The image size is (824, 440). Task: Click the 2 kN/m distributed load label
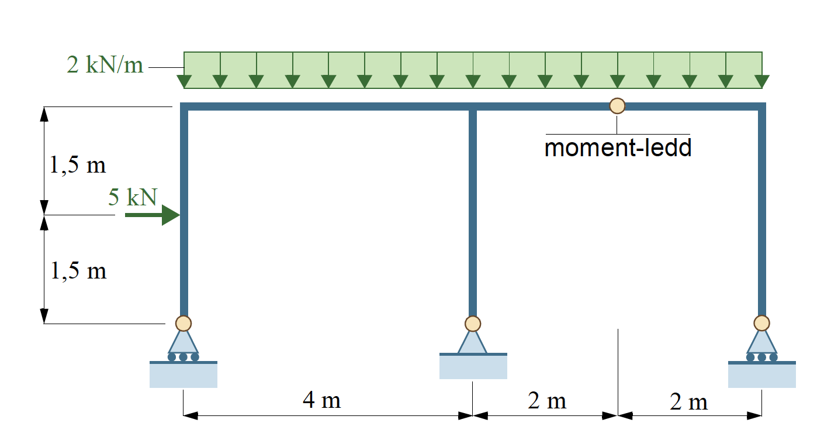click(x=105, y=64)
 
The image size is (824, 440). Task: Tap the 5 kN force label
click(x=133, y=197)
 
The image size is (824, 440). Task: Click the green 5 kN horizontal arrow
click(x=153, y=215)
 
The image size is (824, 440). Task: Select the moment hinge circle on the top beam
click(x=617, y=106)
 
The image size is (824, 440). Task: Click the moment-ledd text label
click(x=618, y=147)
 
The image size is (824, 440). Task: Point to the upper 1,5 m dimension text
click(x=78, y=164)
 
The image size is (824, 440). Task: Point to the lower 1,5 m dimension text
click(x=78, y=271)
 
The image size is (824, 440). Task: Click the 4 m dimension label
click(x=322, y=400)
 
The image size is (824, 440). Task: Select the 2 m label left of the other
click(x=547, y=400)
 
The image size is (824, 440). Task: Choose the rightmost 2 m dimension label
click(x=688, y=401)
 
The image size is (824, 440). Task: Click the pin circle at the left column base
click(x=184, y=324)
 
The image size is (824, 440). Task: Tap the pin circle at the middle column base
click(x=473, y=324)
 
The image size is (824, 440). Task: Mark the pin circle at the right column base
click(x=762, y=324)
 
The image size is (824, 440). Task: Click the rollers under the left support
click(x=183, y=357)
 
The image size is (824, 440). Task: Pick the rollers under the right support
click(x=762, y=357)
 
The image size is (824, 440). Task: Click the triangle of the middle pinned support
click(x=473, y=342)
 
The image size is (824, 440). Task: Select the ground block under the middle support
click(x=473, y=366)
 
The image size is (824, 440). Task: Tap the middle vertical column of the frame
click(x=473, y=214)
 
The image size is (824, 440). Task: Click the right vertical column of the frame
click(x=762, y=213)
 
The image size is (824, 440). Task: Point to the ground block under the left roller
click(x=184, y=374)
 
